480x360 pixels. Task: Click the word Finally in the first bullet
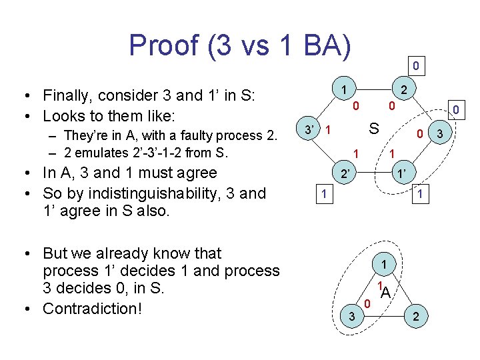[71, 95]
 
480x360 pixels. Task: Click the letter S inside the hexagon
[375, 128]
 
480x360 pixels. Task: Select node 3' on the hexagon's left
[307, 128]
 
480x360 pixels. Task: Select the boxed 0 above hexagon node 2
[415, 66]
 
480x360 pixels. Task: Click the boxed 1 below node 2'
[323, 194]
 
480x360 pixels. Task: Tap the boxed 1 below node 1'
[421, 194]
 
